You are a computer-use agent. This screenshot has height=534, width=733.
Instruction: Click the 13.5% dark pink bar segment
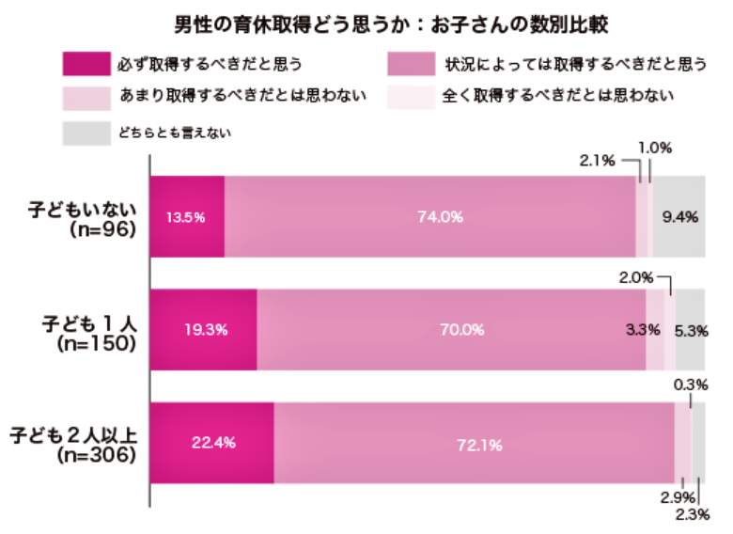[186, 216]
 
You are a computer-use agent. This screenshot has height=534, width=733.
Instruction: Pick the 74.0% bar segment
[429, 216]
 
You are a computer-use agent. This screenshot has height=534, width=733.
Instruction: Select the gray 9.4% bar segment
[678, 216]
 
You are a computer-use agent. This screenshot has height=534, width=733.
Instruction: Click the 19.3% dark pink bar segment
[202, 330]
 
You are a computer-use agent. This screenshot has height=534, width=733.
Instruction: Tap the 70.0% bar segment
[451, 330]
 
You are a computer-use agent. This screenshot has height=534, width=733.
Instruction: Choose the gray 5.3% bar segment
[690, 330]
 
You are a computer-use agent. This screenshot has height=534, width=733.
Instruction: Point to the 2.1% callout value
[598, 160]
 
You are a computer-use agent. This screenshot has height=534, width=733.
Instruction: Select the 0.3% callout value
[690, 384]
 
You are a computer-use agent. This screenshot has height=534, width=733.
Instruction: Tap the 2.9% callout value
[672, 496]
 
